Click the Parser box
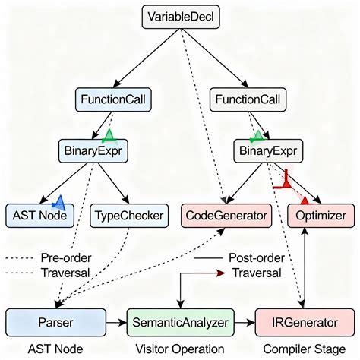[x=55, y=322]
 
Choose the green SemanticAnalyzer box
[x=180, y=322]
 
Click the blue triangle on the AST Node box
[x=58, y=203]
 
